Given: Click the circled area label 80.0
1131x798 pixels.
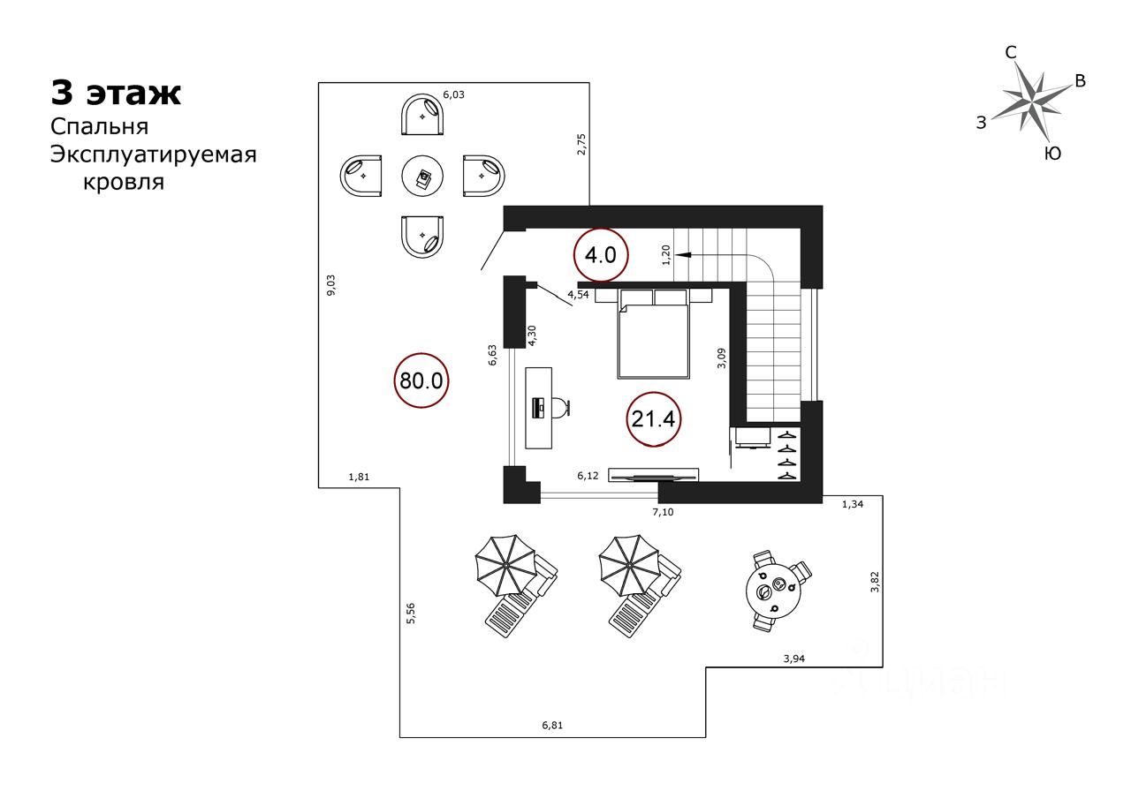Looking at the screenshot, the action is pyautogui.click(x=421, y=380).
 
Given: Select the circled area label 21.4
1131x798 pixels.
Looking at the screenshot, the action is pyautogui.click(x=653, y=419).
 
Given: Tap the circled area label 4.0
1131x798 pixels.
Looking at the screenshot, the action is pyautogui.click(x=601, y=256).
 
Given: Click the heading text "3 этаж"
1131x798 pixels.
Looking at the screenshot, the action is pyautogui.click(x=116, y=93).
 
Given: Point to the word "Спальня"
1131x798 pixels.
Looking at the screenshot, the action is pyautogui.click(x=99, y=126).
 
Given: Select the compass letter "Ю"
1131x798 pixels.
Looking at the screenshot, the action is pyautogui.click(x=1052, y=154).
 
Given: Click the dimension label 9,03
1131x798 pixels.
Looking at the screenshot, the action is pyautogui.click(x=330, y=285).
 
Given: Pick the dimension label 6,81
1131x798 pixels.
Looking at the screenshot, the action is pyautogui.click(x=552, y=726).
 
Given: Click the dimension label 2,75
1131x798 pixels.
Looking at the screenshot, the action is pyautogui.click(x=581, y=144).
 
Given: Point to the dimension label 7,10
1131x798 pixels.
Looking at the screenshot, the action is pyautogui.click(x=664, y=512).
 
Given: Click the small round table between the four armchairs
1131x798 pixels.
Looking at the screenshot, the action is pyautogui.click(x=424, y=177).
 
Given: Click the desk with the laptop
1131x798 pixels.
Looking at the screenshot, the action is pyautogui.click(x=538, y=407).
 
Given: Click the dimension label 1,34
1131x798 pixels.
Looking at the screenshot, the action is pyautogui.click(x=852, y=504).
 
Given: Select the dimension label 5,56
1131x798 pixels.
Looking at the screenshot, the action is pyautogui.click(x=410, y=613).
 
